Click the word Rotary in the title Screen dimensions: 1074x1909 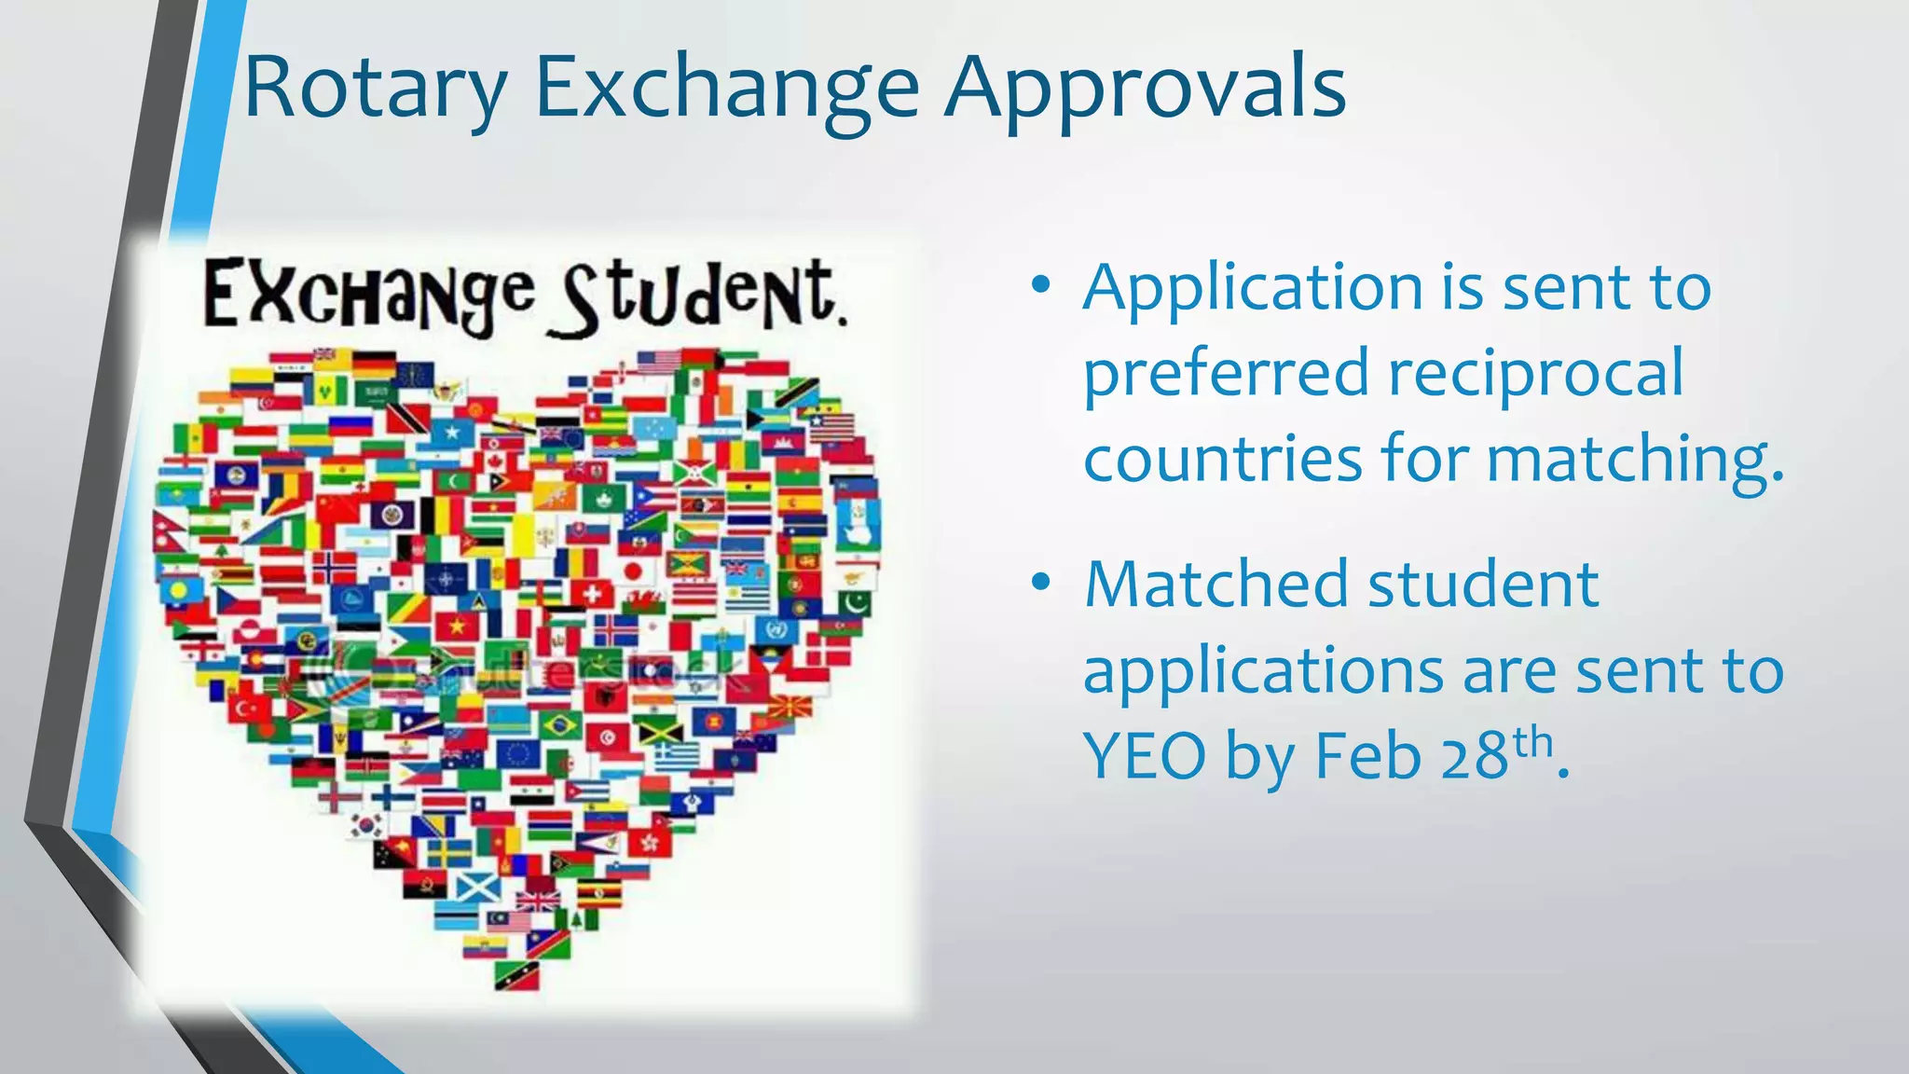(375, 89)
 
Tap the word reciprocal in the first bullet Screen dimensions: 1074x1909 (1535, 373)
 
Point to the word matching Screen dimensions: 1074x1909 (1635, 460)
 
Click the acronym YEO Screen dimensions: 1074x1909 (1145, 755)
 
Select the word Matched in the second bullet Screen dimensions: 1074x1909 (1216, 585)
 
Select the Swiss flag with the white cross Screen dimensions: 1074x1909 (588, 593)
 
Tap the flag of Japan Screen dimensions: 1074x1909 (633, 570)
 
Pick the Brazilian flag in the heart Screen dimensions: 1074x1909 (560, 724)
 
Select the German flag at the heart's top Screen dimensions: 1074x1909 (374, 364)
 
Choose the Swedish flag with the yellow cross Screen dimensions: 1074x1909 (449, 851)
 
